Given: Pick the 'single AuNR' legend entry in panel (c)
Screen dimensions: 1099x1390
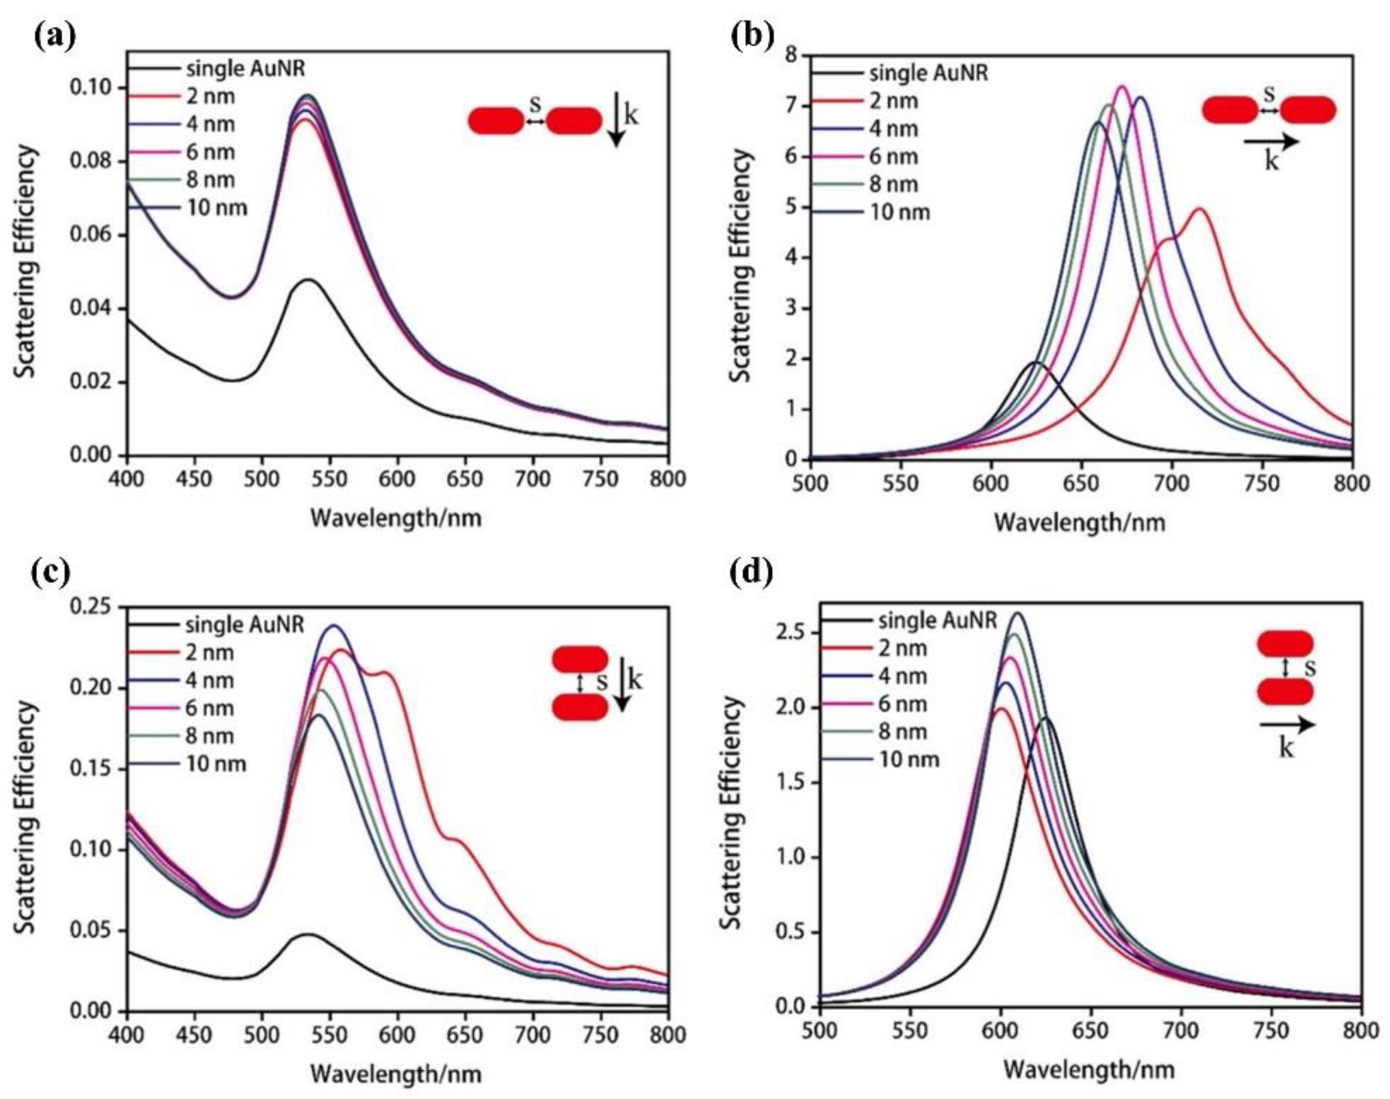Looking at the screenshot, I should pos(244,625).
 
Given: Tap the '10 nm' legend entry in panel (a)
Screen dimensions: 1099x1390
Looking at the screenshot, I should pos(216,208).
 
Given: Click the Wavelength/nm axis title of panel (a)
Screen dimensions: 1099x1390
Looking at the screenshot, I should pos(396,517).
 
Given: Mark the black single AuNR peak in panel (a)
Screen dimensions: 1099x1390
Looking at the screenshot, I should pos(309,280).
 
